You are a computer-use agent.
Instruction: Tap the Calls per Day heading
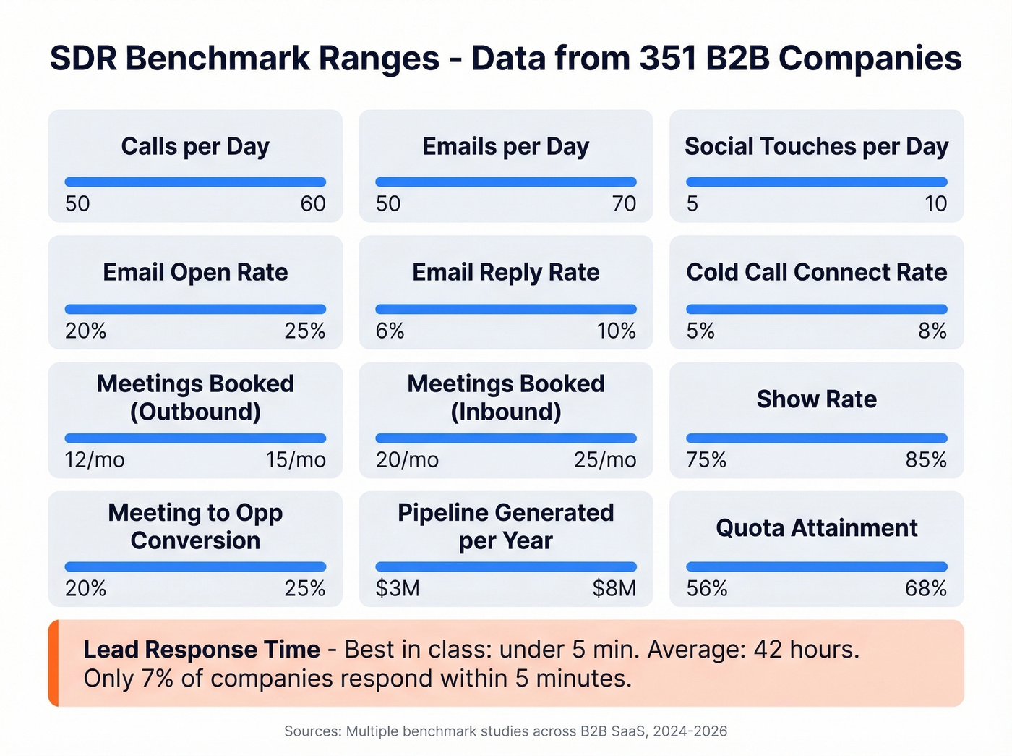pyautogui.click(x=195, y=147)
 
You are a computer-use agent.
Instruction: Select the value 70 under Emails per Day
pyautogui.click(x=624, y=204)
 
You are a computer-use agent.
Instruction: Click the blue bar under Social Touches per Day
pyautogui.click(x=816, y=182)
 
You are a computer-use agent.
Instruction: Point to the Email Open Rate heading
pyautogui.click(x=195, y=273)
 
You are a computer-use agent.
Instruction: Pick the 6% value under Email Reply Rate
pyautogui.click(x=390, y=331)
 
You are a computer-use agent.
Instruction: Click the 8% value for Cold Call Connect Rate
pyautogui.click(x=932, y=331)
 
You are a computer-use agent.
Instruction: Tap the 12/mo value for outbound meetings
pyautogui.click(x=95, y=460)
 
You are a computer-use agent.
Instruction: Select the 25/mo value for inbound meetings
pyautogui.click(x=605, y=460)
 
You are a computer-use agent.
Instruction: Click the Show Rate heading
pyautogui.click(x=816, y=399)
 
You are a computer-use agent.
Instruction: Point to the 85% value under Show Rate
pyautogui.click(x=926, y=460)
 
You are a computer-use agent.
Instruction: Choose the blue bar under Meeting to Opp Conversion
pyautogui.click(x=195, y=567)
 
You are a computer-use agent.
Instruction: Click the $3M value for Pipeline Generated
pyautogui.click(x=398, y=589)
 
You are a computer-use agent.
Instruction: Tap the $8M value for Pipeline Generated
pyautogui.click(x=614, y=589)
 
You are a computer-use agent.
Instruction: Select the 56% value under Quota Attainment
pyautogui.click(x=707, y=589)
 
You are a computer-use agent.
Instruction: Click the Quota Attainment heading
pyautogui.click(x=816, y=528)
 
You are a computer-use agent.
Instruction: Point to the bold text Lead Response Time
pyautogui.click(x=202, y=650)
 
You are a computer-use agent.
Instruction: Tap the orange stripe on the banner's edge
pyautogui.click(x=53, y=663)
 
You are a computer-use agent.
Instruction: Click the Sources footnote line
pyautogui.click(x=505, y=731)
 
